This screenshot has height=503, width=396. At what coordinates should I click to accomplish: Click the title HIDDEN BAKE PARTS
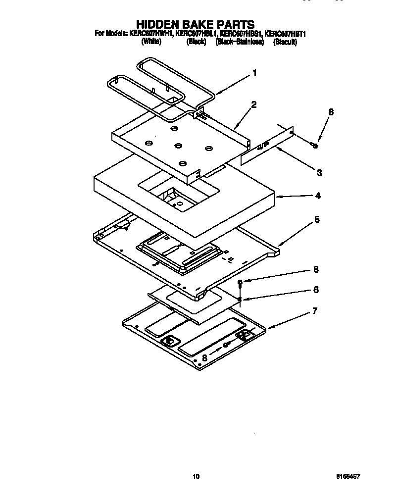click(195, 24)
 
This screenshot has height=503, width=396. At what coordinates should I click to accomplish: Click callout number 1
click(254, 73)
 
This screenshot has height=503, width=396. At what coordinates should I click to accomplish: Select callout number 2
click(253, 104)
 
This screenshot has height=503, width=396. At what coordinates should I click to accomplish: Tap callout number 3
click(319, 172)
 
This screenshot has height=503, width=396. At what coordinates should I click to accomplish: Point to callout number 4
click(317, 196)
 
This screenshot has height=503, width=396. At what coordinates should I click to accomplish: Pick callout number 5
click(316, 219)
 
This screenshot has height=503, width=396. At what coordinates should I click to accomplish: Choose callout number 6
click(316, 289)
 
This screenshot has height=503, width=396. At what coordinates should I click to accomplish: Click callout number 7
click(314, 311)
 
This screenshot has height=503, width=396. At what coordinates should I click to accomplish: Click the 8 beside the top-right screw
click(331, 112)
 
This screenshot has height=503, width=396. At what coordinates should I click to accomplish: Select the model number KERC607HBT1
click(287, 34)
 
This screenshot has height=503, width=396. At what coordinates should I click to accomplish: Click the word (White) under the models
click(151, 42)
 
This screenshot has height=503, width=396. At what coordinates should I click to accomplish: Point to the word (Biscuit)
click(285, 42)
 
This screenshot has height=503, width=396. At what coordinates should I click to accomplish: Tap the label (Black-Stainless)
click(240, 42)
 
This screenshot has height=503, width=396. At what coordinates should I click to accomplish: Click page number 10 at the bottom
click(196, 476)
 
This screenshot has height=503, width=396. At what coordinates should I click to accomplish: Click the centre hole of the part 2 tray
click(177, 146)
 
